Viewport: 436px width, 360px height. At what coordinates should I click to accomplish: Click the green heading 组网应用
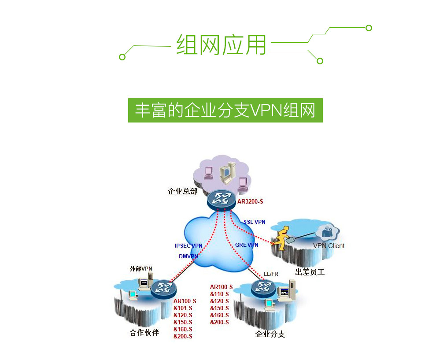[222, 45]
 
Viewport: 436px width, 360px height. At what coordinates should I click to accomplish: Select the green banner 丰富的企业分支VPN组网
[225, 110]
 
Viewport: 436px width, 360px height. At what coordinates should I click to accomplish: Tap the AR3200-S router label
[250, 201]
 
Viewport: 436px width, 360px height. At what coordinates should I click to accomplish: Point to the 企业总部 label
[182, 191]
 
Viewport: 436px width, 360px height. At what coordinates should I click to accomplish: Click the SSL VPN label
[255, 222]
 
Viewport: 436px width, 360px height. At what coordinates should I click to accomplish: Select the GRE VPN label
[247, 245]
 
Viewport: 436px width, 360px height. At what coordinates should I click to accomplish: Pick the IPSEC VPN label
[188, 246]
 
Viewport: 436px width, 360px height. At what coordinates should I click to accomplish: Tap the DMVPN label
[188, 256]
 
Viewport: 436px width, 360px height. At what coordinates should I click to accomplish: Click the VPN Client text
[329, 246]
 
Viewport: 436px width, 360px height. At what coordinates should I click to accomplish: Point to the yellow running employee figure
[281, 238]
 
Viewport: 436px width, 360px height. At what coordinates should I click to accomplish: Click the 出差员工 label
[310, 272]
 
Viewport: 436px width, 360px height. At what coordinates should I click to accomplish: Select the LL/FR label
[271, 274]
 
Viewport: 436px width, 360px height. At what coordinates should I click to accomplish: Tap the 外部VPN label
[141, 268]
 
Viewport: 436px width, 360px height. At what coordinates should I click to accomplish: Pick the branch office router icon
[263, 288]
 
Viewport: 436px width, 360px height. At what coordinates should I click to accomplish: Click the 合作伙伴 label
[144, 332]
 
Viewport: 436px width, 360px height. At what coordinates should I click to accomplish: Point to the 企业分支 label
[270, 334]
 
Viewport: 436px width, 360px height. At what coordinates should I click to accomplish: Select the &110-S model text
[219, 294]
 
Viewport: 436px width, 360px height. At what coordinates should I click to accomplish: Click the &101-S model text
[183, 308]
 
